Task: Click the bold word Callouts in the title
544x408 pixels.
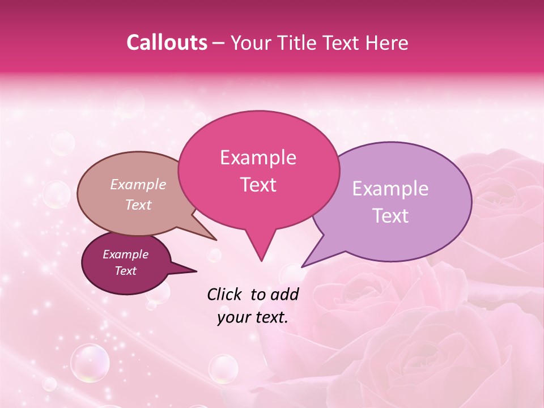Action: pyautogui.click(x=167, y=42)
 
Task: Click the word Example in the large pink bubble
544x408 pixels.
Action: pyautogui.click(x=258, y=158)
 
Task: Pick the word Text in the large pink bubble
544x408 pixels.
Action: pyautogui.click(x=258, y=185)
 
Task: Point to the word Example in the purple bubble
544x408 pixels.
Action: pyautogui.click(x=390, y=189)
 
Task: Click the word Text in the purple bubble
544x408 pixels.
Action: pyautogui.click(x=390, y=216)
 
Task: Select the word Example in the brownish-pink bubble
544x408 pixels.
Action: pyautogui.click(x=138, y=185)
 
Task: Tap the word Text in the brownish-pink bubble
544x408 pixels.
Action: pyautogui.click(x=138, y=205)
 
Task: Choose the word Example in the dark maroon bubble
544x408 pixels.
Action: pyautogui.click(x=125, y=254)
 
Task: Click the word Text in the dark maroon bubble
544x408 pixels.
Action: pyautogui.click(x=125, y=271)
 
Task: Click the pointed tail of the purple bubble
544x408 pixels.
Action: pyautogui.click(x=304, y=265)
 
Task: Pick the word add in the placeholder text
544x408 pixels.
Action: pyautogui.click(x=286, y=294)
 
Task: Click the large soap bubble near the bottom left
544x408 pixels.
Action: pyautogui.click(x=90, y=363)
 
